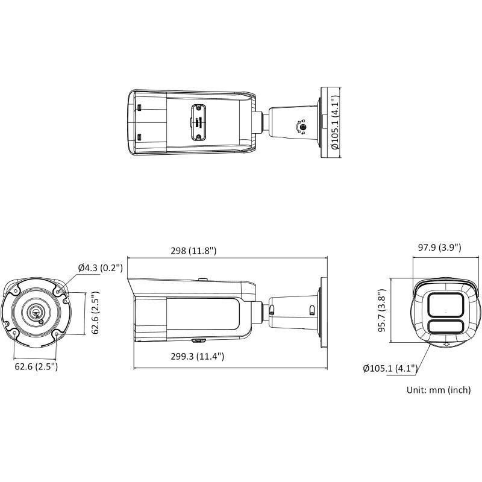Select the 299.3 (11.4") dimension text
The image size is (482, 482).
point(196,357)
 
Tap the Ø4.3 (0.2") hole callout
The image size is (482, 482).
point(100,268)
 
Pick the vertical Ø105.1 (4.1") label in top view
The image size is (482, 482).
point(335,123)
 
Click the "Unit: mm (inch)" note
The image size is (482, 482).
point(439,390)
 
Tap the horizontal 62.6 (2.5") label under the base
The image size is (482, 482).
point(36,366)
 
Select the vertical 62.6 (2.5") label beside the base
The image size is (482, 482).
point(95,312)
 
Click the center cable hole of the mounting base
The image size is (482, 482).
point(36,312)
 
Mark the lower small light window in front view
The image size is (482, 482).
point(445,328)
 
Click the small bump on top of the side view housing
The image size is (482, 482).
point(204,280)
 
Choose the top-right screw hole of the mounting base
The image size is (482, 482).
point(57,292)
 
